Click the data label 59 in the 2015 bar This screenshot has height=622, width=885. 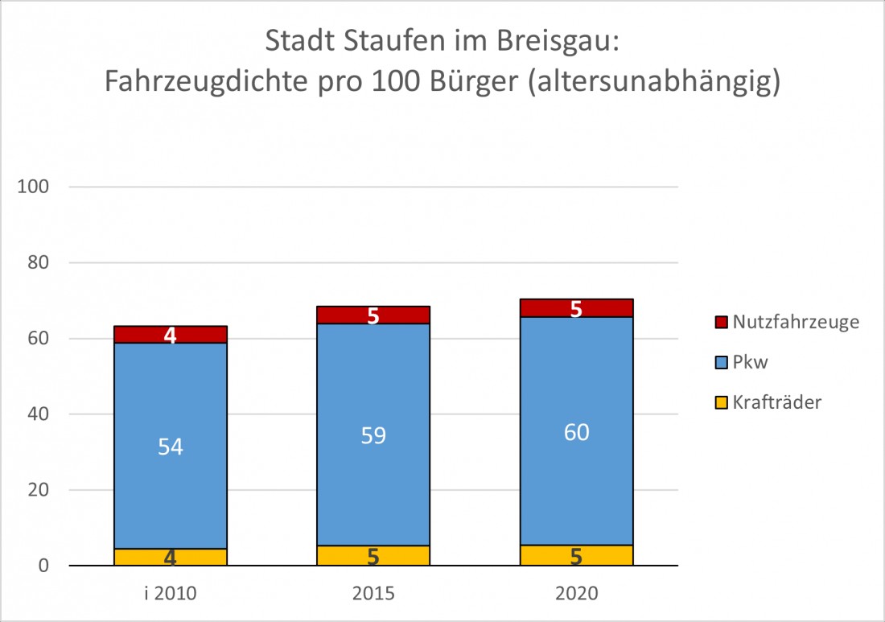point(373,435)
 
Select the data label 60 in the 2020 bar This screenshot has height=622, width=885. point(576,432)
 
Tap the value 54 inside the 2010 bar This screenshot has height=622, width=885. point(171,447)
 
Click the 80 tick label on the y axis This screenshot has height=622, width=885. point(39,262)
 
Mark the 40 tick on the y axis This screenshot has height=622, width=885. point(39,414)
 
